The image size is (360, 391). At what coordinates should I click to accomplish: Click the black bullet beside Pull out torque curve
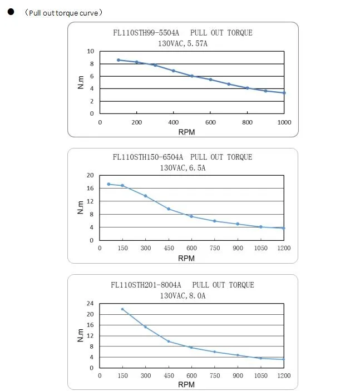coord(10,12)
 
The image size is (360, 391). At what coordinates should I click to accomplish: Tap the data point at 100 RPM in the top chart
coord(119,60)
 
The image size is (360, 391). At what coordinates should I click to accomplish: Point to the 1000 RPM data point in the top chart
coord(284,93)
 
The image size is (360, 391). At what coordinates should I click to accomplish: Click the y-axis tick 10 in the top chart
coord(90,51)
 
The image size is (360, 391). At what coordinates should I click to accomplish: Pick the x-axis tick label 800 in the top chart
coord(248,122)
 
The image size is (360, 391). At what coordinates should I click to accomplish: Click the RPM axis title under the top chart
coord(186,132)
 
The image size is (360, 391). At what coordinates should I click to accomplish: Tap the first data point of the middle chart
coord(109,184)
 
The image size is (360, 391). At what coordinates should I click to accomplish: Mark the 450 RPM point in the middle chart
coord(169,209)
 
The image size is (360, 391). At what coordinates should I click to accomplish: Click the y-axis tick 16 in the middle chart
coord(90,189)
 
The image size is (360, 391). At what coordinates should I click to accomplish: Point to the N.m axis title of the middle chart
coord(80,207)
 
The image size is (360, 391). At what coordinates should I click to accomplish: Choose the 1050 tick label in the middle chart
coord(260,249)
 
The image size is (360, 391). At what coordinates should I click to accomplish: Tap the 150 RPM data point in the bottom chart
coord(122,309)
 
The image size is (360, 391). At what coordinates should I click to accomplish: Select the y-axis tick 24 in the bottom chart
coord(90,304)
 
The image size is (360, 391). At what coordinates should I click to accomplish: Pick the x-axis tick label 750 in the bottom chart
coord(214,376)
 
